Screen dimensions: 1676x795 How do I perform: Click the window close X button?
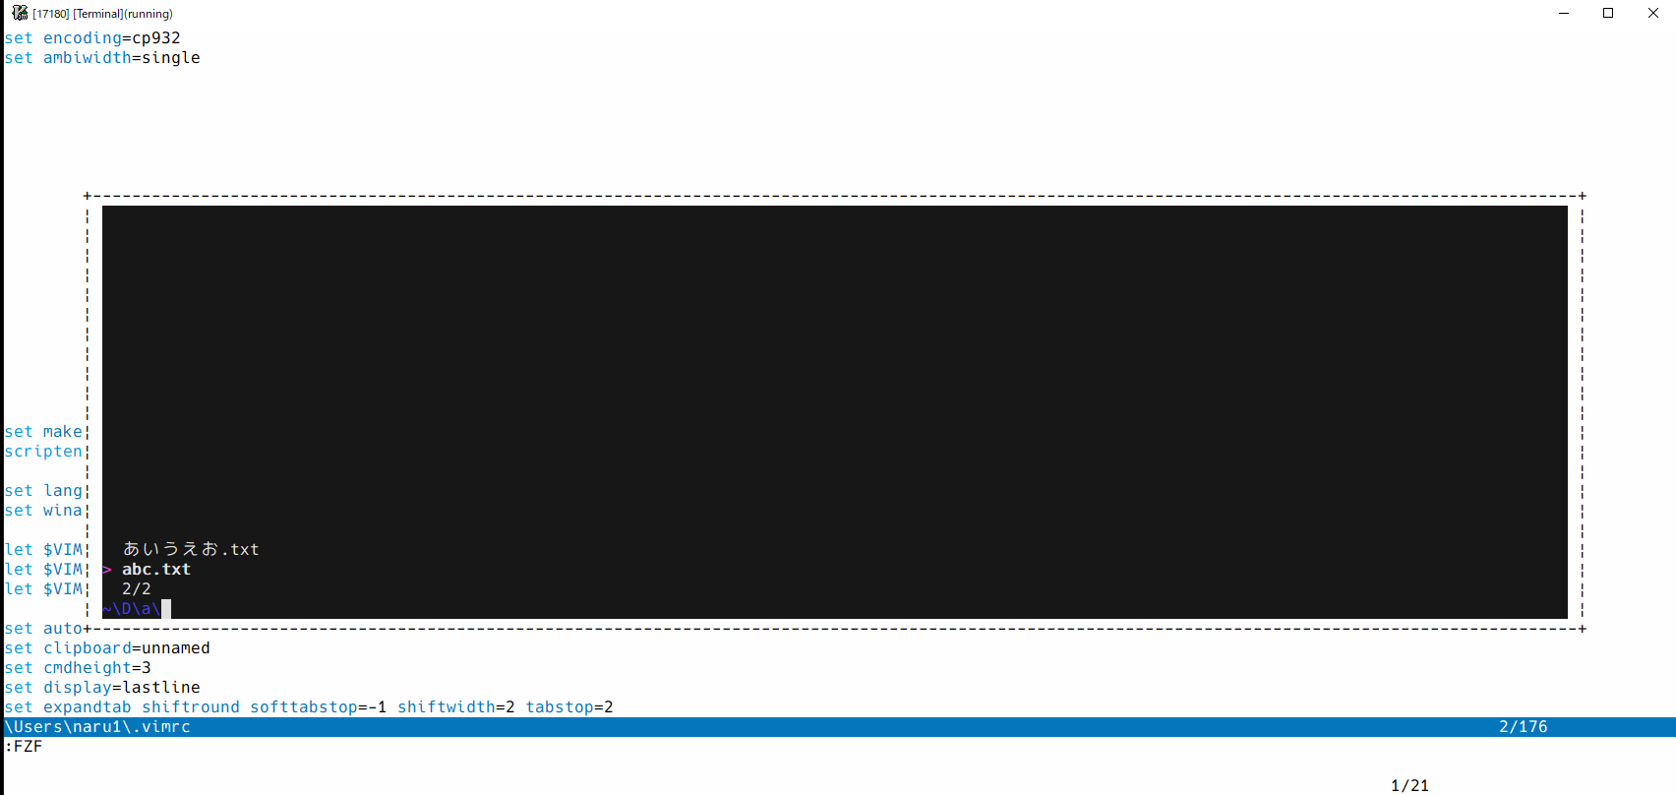point(1653,13)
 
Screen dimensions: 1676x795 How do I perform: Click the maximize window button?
point(1608,13)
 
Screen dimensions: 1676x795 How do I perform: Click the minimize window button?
point(1564,13)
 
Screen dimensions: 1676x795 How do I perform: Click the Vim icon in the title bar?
point(19,13)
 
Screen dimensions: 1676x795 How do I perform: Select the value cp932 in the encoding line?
point(156,38)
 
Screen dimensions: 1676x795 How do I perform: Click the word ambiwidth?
point(87,58)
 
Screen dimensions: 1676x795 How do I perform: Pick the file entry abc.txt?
point(156,570)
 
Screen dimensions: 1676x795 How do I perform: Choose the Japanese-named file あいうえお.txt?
point(191,549)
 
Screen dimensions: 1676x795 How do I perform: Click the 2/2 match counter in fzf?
point(137,589)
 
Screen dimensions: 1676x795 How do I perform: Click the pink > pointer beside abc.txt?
point(107,570)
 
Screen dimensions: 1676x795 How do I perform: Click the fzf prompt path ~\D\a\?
point(132,609)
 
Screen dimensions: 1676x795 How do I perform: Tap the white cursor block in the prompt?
point(166,609)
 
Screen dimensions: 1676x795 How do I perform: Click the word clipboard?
point(87,648)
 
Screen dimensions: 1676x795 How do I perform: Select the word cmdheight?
point(87,668)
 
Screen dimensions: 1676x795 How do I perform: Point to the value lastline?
point(161,688)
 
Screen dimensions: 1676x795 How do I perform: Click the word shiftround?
point(191,707)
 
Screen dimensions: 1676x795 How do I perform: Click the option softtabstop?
point(303,707)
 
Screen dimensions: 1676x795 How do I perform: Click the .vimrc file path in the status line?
point(98,727)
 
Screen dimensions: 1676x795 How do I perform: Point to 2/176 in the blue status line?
point(1523,727)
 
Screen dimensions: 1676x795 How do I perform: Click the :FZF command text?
point(24,747)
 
